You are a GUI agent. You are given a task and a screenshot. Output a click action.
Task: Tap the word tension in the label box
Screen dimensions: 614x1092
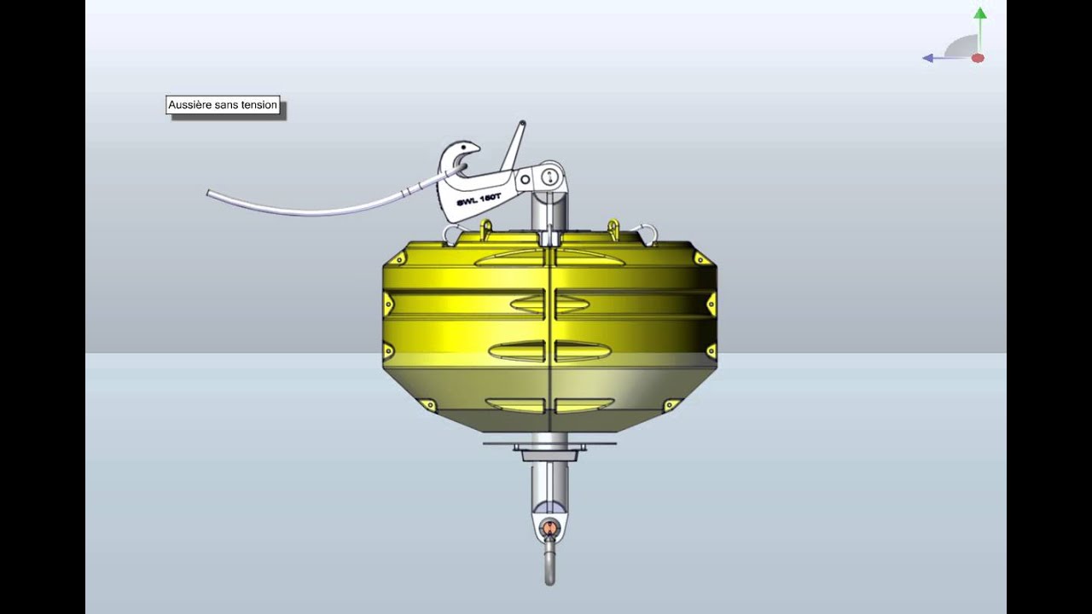258,106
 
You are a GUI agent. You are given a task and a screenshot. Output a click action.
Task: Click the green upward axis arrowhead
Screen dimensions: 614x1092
980,14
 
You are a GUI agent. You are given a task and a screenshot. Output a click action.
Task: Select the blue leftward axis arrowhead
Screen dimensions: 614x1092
927,58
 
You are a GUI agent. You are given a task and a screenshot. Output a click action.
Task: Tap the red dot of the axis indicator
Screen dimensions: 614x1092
978,58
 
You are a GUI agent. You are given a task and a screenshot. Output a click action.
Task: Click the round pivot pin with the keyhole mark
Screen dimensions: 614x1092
549,178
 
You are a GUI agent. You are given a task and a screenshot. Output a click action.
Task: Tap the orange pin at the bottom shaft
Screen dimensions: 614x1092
549,527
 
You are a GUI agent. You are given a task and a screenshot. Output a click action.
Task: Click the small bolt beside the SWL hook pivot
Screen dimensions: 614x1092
526,179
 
